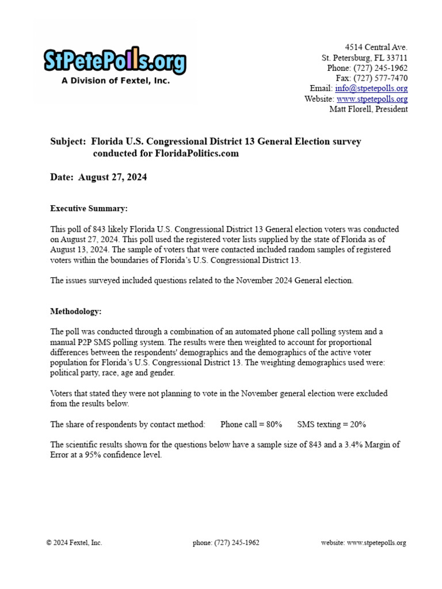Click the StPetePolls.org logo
pyautogui.click(x=115, y=62)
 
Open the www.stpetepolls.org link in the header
pyautogui.click(x=372, y=99)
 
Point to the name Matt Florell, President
pyautogui.click(x=368, y=109)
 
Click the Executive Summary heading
pyautogui.click(x=89, y=208)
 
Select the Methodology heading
pyautogui.click(x=76, y=311)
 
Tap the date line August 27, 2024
pyautogui.click(x=112, y=177)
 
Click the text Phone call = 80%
pyautogui.click(x=252, y=424)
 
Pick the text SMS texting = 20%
pyautogui.click(x=331, y=424)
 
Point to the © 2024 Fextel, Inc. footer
pyautogui.click(x=74, y=542)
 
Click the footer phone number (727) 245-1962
pyautogui.click(x=226, y=542)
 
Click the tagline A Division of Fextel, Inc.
pyautogui.click(x=116, y=81)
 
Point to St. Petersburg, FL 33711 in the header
pyautogui.click(x=364, y=58)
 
